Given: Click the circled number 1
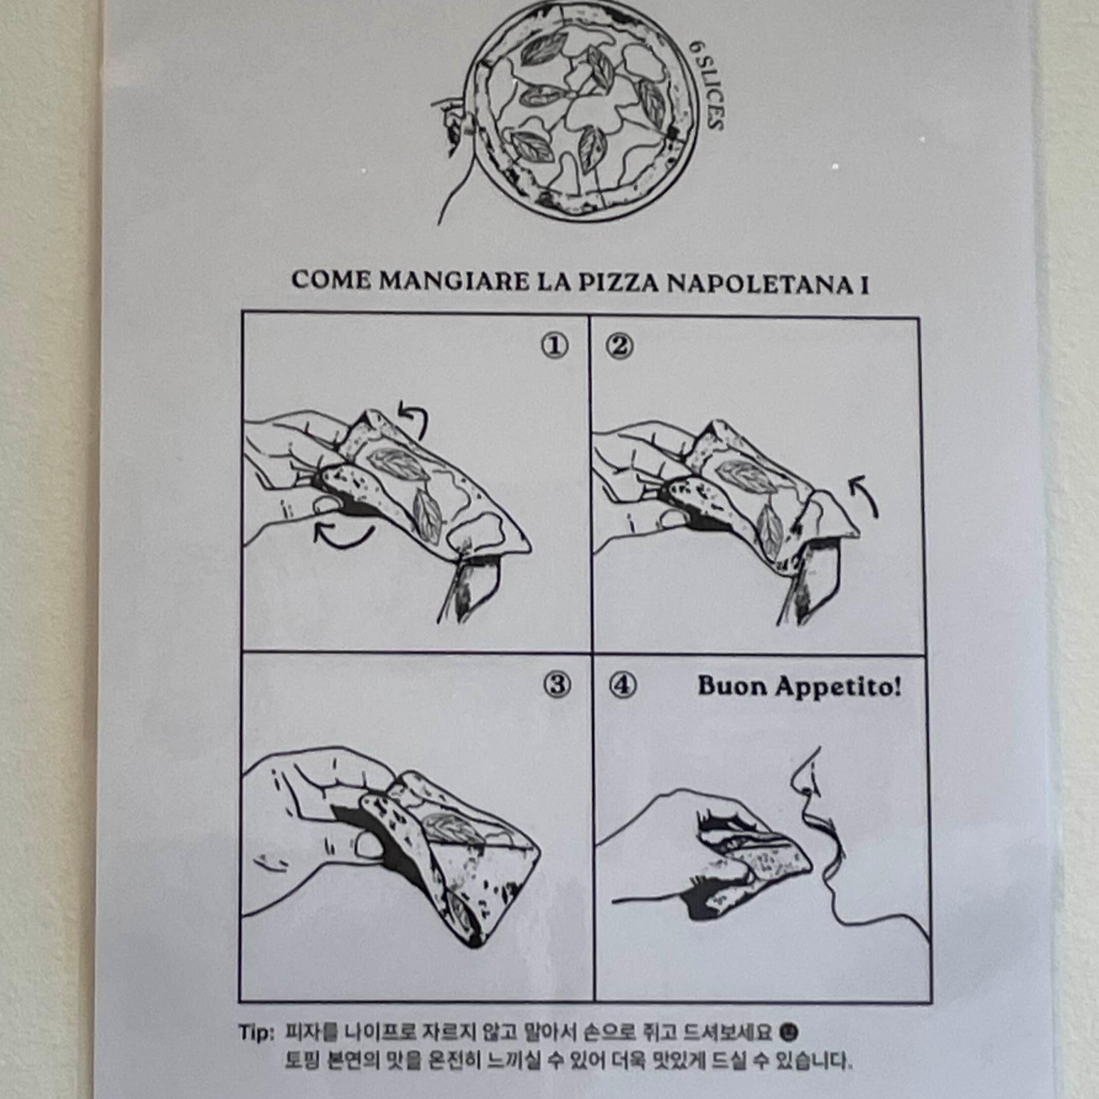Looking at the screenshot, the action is coord(555,345).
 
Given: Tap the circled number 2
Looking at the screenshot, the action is coord(620,346).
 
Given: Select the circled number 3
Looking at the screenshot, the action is coord(557,685).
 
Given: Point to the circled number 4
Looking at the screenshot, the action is coord(622,685).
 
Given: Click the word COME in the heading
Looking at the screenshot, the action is coord(331,280).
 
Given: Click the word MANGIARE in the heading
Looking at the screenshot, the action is coord(454,280).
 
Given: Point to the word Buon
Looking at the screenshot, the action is coord(732,685).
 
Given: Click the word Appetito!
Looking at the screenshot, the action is coord(839,687).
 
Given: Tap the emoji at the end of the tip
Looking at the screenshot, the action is coord(789,1032).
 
